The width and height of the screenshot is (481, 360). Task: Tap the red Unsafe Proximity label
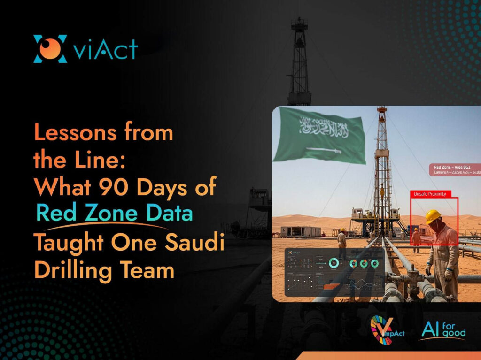(x=430, y=193)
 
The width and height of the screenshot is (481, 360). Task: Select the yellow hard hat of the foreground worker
(x=433, y=216)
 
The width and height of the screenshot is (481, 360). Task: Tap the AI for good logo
(x=444, y=330)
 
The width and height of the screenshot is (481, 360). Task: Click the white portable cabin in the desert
(x=300, y=231)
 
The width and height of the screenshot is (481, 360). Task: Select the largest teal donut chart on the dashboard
(x=334, y=263)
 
